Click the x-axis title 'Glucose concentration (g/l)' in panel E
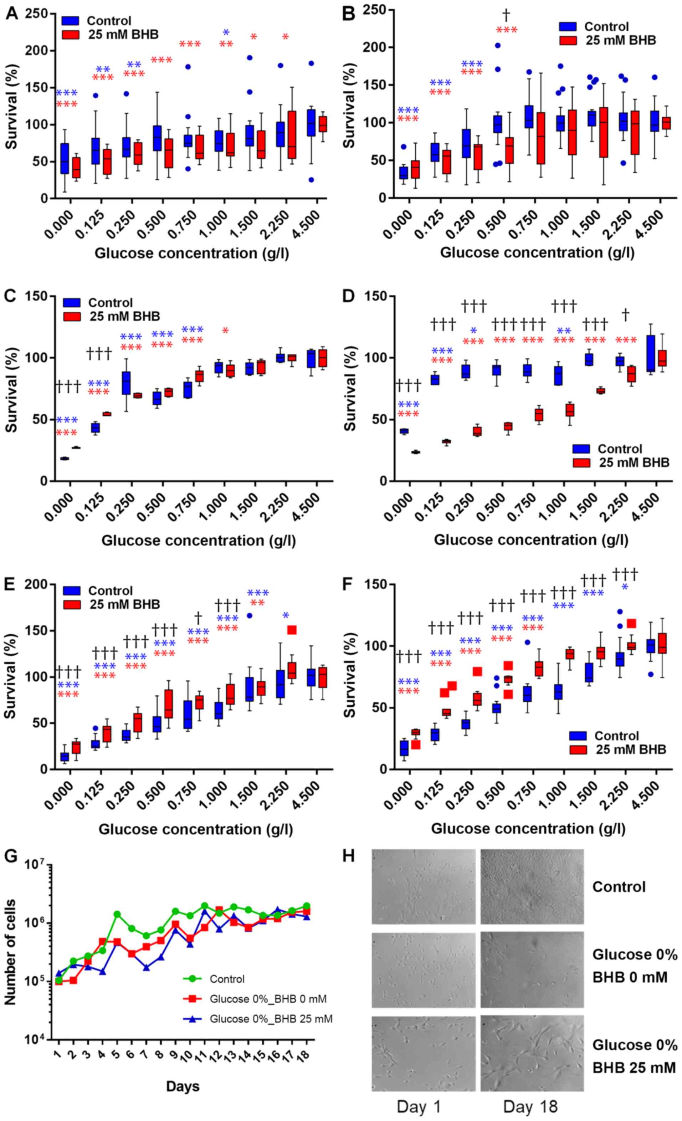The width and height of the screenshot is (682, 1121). pyautogui.click(x=196, y=829)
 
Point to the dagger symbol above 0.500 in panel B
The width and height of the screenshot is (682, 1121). pyautogui.click(x=506, y=15)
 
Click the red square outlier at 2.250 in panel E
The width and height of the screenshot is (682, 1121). pyautogui.click(x=292, y=630)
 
